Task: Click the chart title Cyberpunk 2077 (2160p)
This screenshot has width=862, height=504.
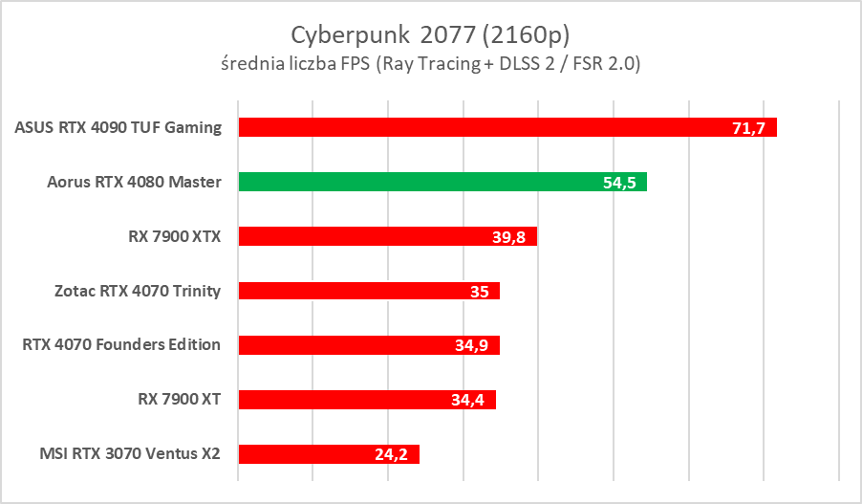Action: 430,34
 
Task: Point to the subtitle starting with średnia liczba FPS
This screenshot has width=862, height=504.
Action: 430,64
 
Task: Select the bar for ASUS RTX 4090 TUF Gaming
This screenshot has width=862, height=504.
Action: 506,127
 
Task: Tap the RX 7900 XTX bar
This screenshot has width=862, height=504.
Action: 387,236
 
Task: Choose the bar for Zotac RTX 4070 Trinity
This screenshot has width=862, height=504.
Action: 368,291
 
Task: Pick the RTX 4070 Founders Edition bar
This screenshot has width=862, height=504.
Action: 368,345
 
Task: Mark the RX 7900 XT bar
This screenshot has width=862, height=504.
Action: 366,400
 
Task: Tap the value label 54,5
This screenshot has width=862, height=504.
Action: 620,183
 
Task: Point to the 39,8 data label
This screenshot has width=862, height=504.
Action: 510,237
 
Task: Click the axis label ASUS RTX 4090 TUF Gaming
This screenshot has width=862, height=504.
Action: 119,127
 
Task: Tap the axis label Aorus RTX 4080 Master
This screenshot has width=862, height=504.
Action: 134,182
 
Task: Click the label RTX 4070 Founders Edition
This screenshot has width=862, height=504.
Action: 121,345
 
